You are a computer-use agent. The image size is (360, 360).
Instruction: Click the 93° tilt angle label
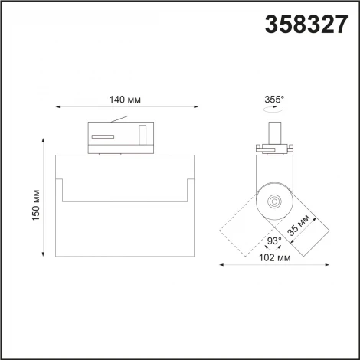click(273, 241)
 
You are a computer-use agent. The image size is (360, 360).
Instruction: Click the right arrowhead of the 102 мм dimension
click(329, 265)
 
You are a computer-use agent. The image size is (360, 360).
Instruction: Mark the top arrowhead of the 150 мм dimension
click(44, 139)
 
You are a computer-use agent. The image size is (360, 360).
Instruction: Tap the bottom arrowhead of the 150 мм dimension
click(44, 257)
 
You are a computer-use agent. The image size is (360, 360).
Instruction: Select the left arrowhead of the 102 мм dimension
click(221, 265)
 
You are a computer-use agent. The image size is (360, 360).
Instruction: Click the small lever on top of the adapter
click(119, 119)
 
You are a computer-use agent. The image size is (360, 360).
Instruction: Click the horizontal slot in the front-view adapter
click(102, 136)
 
